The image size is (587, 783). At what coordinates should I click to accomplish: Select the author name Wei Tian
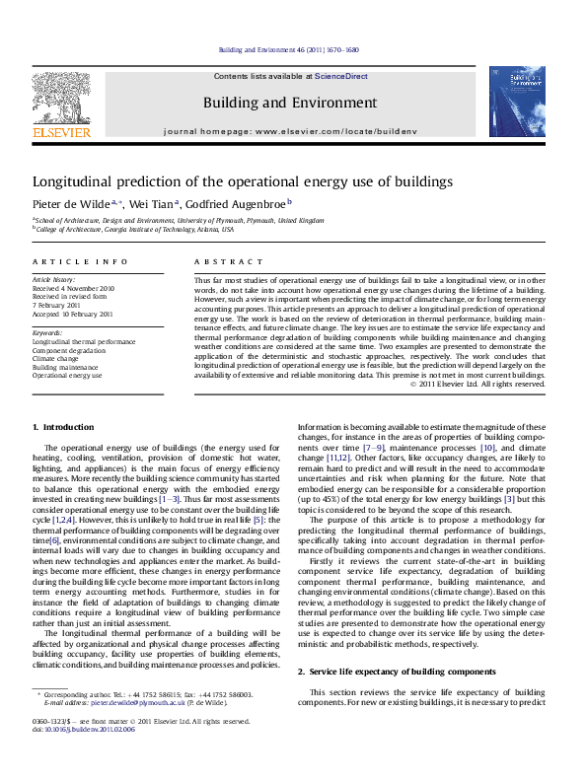pos(147,203)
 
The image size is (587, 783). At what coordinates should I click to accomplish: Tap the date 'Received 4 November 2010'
pos(73,289)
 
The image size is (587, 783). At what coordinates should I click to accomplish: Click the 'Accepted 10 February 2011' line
pos(73,315)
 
